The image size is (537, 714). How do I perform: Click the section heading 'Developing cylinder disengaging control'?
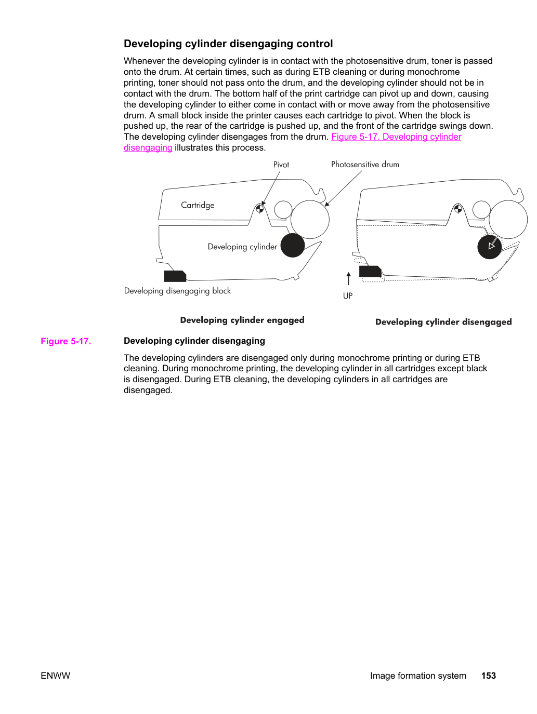[228, 44]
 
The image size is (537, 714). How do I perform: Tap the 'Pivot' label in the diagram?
[281, 165]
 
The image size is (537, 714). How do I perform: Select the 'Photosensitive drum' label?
[365, 165]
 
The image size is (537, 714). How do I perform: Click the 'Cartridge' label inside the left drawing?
[198, 205]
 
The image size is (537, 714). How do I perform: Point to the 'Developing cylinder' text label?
[242, 247]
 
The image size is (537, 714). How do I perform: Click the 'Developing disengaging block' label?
[177, 291]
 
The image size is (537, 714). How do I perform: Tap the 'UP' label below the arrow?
[348, 295]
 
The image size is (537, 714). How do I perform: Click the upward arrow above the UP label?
[348, 279]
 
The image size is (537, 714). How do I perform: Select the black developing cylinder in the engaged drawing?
[293, 245]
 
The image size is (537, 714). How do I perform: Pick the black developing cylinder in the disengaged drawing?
[490, 247]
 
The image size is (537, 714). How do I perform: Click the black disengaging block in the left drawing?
[175, 276]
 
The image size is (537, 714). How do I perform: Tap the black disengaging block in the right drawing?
[370, 271]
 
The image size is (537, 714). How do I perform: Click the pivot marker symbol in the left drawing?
[259, 209]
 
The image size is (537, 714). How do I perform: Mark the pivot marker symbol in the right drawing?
[458, 209]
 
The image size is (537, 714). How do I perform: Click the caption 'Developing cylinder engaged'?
[242, 320]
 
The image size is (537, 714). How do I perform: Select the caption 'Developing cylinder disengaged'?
[443, 322]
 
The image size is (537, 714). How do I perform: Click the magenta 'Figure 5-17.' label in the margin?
[66, 341]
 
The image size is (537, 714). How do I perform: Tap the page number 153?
[489, 676]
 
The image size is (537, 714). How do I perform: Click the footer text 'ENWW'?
[55, 676]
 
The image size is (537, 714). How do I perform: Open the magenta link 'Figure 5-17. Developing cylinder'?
[396, 137]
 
